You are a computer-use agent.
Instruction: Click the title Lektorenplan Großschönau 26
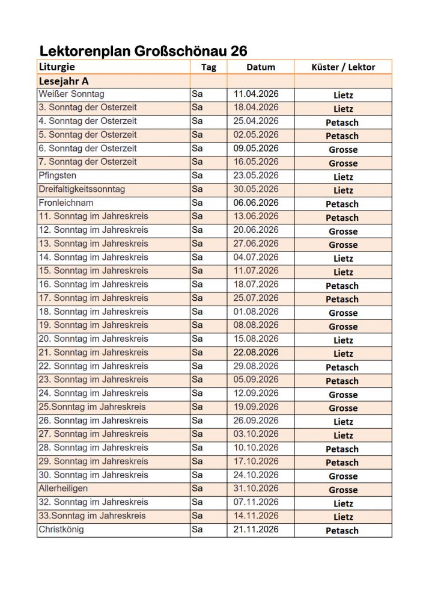tap(143, 51)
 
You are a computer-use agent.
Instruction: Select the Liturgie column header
tap(57, 67)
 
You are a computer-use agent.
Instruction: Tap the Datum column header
tap(261, 67)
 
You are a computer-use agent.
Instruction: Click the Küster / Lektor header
tap(343, 67)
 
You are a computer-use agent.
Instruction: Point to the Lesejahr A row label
tap(64, 81)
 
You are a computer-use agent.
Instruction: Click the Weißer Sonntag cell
tap(71, 94)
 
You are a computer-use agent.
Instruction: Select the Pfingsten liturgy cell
tap(57, 176)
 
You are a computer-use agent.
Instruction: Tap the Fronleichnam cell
tap(65, 203)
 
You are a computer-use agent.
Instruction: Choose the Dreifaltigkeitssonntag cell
tap(82, 189)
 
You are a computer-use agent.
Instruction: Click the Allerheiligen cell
tap(63, 488)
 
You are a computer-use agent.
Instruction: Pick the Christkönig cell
tap(61, 529)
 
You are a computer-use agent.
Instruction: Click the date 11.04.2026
tap(256, 94)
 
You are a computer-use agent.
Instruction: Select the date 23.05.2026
tap(256, 176)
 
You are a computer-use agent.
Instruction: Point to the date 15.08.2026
tap(256, 339)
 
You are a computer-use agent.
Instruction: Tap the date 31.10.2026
tap(256, 488)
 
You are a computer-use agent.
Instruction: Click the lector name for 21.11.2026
tap(342, 531)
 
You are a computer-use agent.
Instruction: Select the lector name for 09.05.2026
tap(343, 150)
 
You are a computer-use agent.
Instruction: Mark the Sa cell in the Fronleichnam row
tap(197, 203)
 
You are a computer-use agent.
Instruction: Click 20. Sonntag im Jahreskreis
tap(93, 339)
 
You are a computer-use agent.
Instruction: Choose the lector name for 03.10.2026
tap(343, 436)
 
